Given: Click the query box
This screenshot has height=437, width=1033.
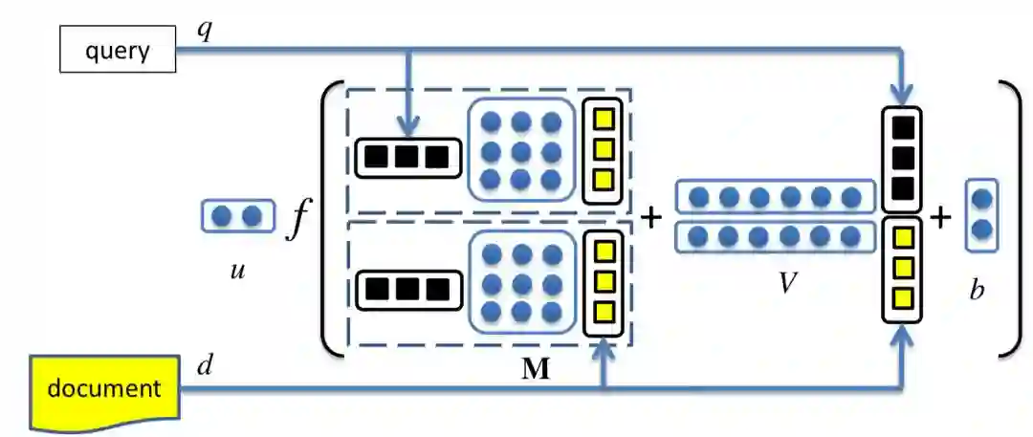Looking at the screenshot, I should (x=118, y=51).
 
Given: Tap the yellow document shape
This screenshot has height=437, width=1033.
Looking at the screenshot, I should (x=105, y=389).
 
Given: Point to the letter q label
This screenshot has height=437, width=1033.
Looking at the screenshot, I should (x=204, y=30).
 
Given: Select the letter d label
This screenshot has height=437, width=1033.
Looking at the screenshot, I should (x=204, y=366).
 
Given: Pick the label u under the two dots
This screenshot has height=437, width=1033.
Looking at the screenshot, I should (x=237, y=271).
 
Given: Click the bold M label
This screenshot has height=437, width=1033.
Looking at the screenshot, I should (x=536, y=369).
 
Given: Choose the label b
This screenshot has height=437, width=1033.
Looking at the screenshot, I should (x=977, y=290).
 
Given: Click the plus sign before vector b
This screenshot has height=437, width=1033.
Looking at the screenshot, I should (x=941, y=218).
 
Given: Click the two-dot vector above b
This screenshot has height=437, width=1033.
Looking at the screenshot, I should (x=981, y=215).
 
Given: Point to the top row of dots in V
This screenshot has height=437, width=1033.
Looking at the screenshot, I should (x=775, y=197).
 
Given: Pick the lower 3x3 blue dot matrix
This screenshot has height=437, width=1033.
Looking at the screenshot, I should (x=521, y=283).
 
